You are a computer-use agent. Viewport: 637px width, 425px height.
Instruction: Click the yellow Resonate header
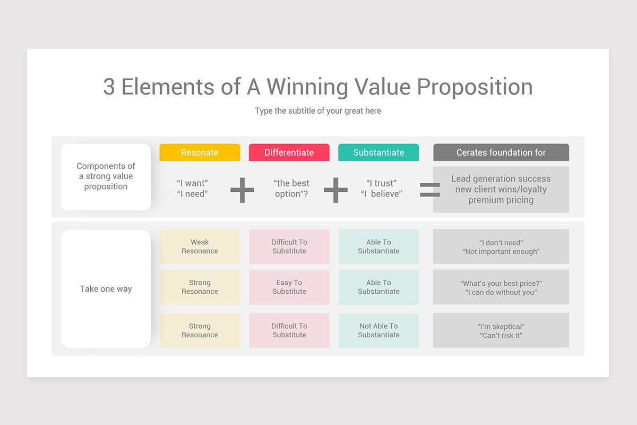[200, 152]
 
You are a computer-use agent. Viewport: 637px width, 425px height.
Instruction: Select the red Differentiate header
[289, 152]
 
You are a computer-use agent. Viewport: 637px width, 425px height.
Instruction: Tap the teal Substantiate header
[378, 152]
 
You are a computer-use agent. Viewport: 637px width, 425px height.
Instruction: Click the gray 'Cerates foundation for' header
[501, 152]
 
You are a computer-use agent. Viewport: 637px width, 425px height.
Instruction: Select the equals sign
[430, 190]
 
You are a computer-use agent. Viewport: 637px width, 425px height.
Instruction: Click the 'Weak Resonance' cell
[200, 246]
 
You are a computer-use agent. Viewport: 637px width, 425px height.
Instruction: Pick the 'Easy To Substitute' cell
[289, 287]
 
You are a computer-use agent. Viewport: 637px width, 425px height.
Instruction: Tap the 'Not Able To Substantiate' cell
[378, 330]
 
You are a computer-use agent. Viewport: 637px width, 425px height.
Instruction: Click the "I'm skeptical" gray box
[501, 330]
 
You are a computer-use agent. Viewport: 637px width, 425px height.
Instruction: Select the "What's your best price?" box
[501, 287]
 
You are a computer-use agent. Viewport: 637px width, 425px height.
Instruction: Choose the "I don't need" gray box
[501, 246]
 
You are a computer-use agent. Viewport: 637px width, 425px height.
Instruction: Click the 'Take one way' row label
[106, 289]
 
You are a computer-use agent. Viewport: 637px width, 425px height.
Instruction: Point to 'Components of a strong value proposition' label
[106, 176]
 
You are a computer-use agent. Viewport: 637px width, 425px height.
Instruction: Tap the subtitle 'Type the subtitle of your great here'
[317, 111]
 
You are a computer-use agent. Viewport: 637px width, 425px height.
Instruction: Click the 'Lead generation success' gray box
[501, 190]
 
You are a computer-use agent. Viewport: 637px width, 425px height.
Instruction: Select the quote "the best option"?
[291, 189]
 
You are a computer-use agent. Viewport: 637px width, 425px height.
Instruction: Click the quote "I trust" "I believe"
[381, 189]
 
